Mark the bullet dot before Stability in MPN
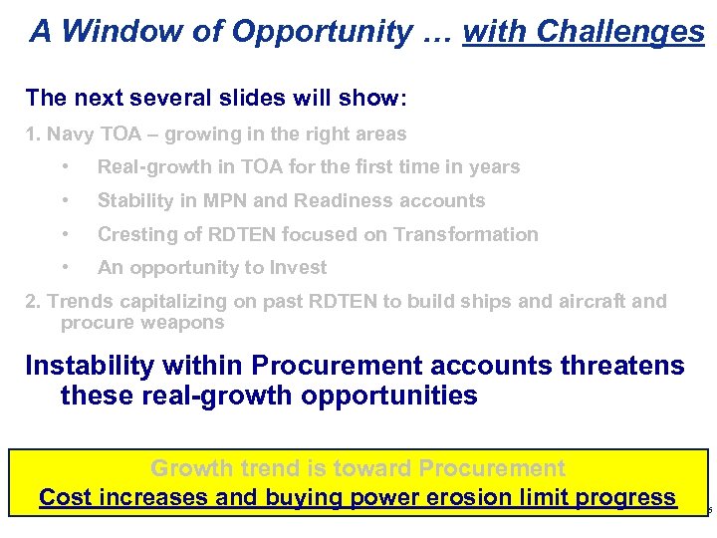64,201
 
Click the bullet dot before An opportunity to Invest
64,268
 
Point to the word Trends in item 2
79,301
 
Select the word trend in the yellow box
277,468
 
